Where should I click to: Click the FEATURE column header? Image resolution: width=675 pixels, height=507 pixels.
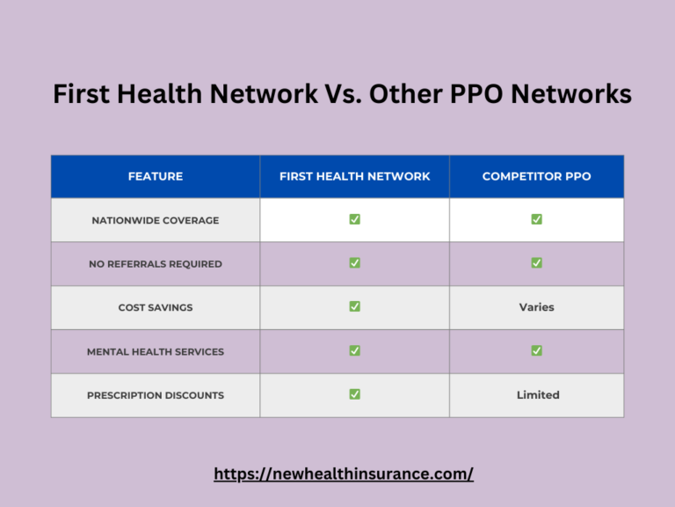click(156, 176)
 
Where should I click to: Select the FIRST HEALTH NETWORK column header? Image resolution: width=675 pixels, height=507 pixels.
click(354, 176)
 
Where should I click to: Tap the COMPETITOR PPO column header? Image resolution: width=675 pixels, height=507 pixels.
click(536, 176)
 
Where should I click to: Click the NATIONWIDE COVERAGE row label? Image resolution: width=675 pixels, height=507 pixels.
click(156, 220)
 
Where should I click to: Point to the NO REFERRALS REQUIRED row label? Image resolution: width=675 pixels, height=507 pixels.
click(156, 264)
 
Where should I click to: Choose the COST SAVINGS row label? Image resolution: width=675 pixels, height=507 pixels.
click(156, 308)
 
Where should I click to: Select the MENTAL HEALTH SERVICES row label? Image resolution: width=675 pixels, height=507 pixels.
click(156, 351)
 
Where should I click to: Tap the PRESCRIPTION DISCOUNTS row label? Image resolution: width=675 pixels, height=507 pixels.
click(156, 395)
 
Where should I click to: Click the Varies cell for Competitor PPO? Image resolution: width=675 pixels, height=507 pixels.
click(536, 307)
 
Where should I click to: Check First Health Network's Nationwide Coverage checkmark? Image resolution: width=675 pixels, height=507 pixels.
click(354, 219)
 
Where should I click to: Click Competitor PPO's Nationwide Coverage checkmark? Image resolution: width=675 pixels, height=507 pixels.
click(536, 219)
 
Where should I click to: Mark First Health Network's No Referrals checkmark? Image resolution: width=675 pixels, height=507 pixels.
click(354, 262)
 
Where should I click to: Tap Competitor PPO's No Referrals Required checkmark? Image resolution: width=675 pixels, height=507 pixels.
click(536, 262)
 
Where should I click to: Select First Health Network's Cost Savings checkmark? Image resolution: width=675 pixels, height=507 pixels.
click(354, 306)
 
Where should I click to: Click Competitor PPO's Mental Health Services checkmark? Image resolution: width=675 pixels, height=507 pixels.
click(536, 350)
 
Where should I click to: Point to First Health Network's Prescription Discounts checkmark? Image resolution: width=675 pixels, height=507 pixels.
click(354, 394)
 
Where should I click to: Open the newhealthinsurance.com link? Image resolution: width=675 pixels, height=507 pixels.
click(344, 474)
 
